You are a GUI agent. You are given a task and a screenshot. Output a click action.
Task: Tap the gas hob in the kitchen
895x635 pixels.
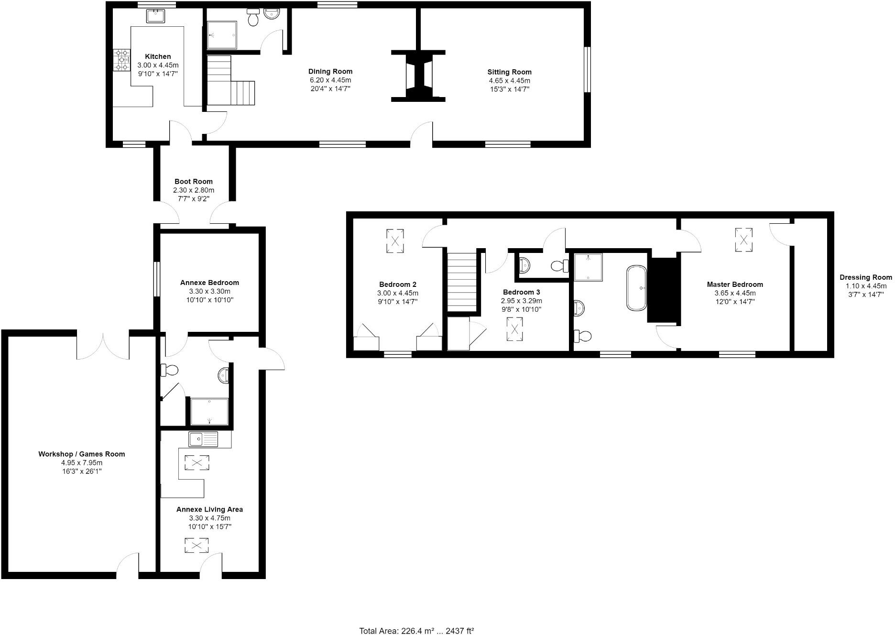122,60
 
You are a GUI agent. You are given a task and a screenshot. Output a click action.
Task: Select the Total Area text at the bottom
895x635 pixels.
416,631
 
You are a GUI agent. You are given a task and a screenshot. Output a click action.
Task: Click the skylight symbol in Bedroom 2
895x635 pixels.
395,240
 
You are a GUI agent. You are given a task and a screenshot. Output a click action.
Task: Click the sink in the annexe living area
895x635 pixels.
203,439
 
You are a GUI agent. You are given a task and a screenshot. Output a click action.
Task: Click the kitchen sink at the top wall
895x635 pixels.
155,16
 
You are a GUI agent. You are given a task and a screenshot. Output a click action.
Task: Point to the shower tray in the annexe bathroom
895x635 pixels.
209,412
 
